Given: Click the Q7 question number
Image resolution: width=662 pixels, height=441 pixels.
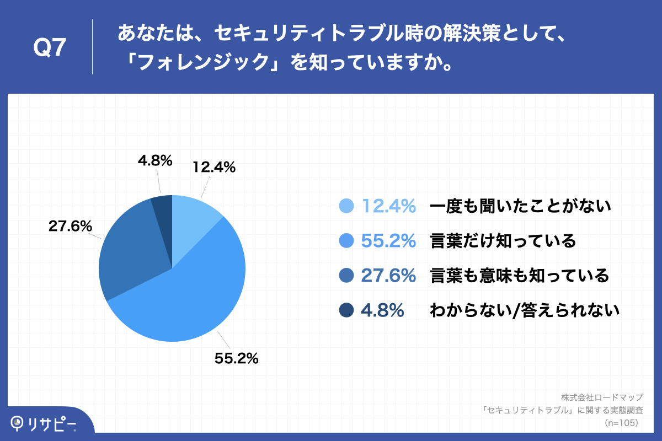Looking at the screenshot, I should coord(50,49).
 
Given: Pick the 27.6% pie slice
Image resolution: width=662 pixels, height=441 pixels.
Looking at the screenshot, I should coord(130,248).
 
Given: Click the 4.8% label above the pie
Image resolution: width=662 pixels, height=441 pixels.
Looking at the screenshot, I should coord(155,160).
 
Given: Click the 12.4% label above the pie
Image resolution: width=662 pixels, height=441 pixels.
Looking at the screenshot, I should coord(214,167).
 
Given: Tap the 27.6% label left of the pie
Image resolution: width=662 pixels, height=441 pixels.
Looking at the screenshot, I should coord(70,226).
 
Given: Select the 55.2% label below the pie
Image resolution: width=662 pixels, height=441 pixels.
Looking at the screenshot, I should coord(236,358).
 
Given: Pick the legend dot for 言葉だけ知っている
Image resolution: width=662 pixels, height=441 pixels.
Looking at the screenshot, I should coord(345,241).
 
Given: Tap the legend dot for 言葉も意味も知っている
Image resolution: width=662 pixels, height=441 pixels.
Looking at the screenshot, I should coord(345,275).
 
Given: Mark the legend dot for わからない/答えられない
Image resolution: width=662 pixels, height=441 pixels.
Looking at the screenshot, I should coord(345,310).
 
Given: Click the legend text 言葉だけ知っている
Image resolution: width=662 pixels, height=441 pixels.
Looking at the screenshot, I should coord(503,241).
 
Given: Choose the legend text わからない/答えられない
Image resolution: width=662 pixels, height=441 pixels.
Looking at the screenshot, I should coord(525,310).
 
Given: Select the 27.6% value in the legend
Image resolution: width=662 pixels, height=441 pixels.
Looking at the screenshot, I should coord(388,275).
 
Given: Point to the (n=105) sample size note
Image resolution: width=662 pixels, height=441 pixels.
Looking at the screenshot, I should coord(621,423).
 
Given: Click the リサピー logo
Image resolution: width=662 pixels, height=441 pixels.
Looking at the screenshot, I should coord(44,423).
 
